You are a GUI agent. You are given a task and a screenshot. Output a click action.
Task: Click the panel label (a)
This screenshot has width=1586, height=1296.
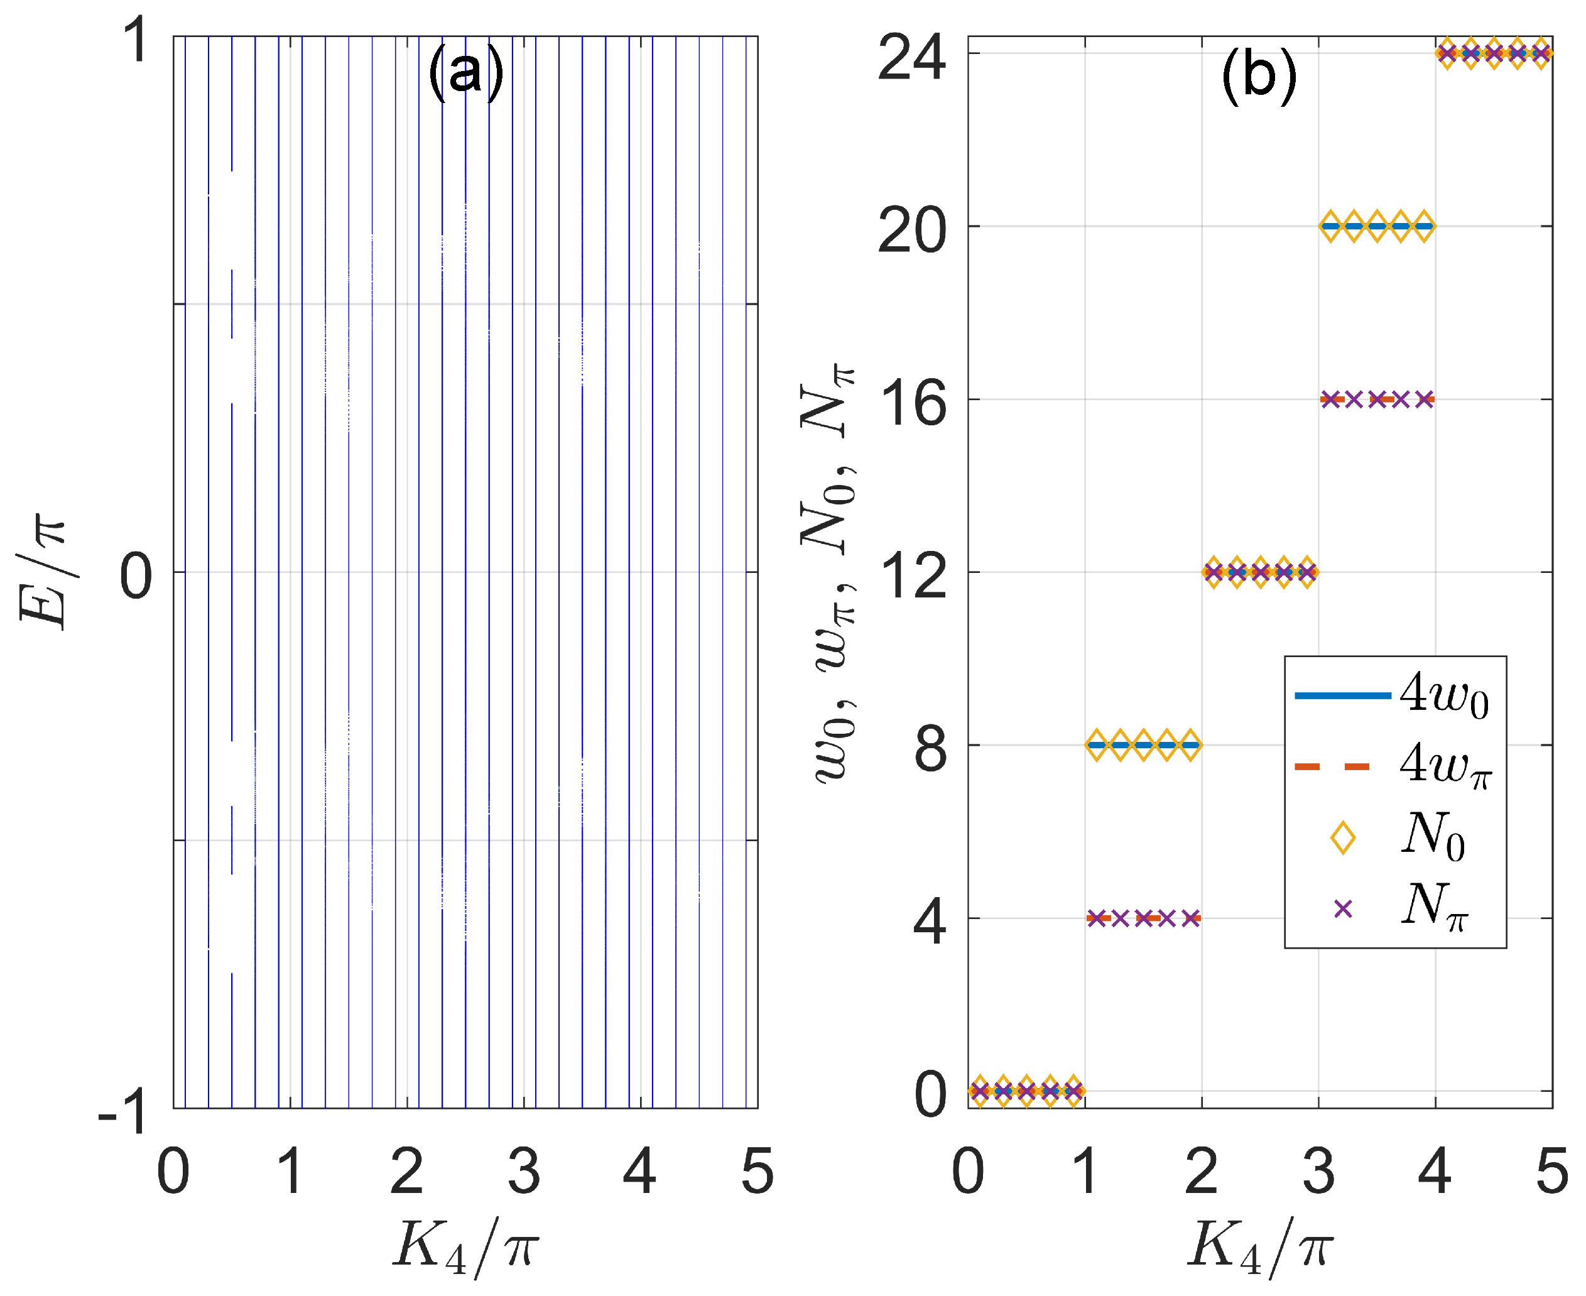(465, 72)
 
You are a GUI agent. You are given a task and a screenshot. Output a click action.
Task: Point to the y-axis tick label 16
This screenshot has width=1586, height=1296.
(911, 403)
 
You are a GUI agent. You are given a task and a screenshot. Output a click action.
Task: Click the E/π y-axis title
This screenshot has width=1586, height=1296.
(43, 572)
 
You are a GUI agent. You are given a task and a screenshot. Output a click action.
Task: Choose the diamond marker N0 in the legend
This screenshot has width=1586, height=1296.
(1343, 837)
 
